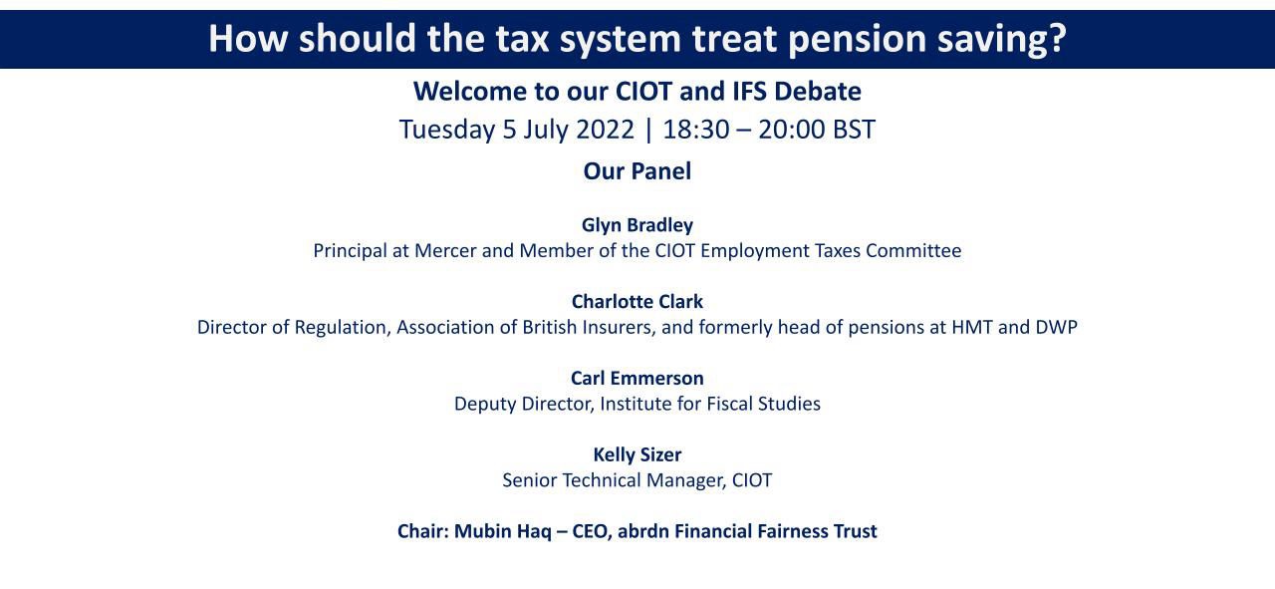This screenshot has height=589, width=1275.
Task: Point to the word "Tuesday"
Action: tap(447, 131)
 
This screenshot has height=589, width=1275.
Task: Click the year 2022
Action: tap(605, 130)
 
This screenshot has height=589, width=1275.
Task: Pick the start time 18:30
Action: tap(696, 130)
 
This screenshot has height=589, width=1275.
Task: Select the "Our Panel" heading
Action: tap(637, 171)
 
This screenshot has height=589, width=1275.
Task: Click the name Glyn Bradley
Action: tap(637, 225)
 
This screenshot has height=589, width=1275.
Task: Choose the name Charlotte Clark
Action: tap(637, 301)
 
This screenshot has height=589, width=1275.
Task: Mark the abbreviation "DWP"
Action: tap(1057, 328)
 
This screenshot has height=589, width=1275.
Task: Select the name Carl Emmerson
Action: tap(637, 379)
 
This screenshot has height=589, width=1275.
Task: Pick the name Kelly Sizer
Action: tap(637, 454)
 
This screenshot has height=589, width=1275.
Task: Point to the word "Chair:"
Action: tap(423, 531)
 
